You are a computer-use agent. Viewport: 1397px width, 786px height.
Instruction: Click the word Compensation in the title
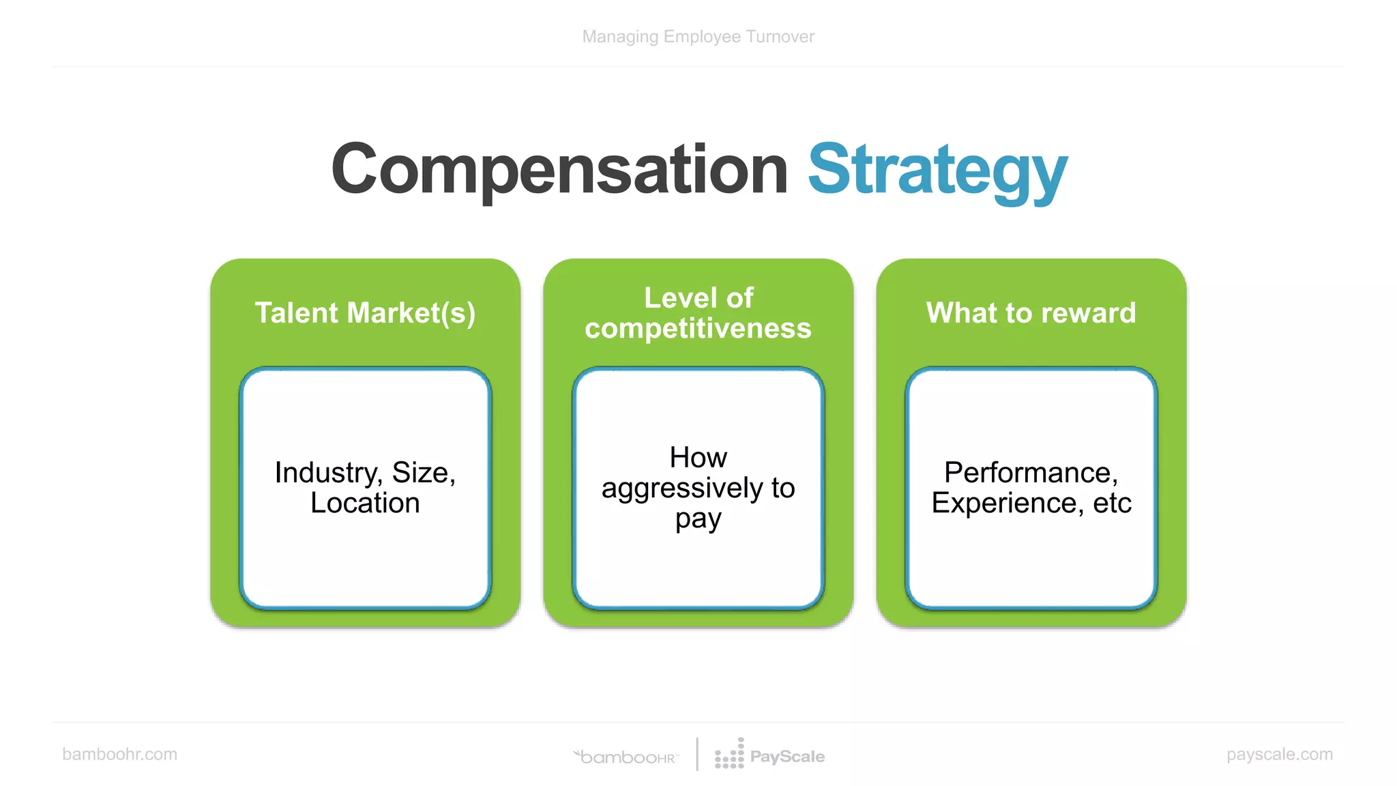click(x=559, y=169)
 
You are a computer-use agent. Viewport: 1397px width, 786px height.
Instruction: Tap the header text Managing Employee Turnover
click(x=698, y=37)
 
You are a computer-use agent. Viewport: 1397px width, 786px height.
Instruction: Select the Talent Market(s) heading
click(x=365, y=313)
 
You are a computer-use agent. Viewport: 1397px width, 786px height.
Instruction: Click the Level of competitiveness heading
click(x=698, y=313)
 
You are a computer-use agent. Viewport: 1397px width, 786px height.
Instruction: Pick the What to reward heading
click(x=1031, y=313)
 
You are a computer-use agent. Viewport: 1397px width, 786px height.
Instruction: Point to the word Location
click(x=365, y=504)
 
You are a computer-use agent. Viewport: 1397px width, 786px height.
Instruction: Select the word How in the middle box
click(x=698, y=458)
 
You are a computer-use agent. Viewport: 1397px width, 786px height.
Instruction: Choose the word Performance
click(x=1030, y=473)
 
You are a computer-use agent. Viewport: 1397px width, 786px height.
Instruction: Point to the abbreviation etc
click(x=1112, y=504)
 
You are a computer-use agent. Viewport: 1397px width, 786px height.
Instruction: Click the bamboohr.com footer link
click(x=119, y=754)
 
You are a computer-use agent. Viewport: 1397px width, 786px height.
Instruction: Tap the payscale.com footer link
click(x=1279, y=754)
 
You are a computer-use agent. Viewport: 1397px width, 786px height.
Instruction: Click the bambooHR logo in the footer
click(x=626, y=757)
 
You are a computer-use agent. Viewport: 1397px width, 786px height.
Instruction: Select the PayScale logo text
click(x=787, y=757)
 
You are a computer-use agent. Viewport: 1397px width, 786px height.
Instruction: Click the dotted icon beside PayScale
click(x=729, y=755)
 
